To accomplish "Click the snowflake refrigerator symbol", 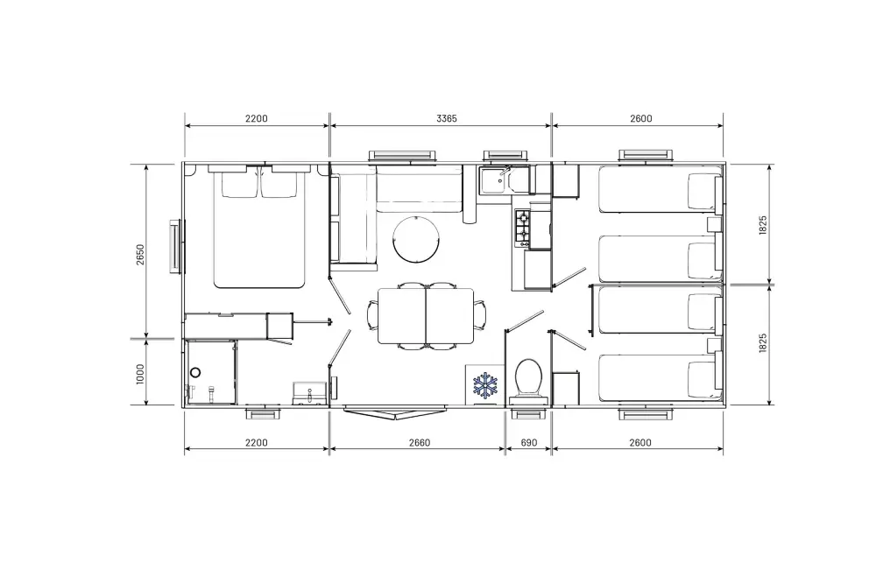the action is (485, 385).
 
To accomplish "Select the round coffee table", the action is (416, 238).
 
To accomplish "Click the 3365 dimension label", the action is (447, 118).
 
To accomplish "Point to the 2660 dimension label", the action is (420, 443).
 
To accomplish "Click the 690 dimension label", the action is (528, 443).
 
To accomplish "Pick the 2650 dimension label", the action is (140, 255).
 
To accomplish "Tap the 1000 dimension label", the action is (140, 374).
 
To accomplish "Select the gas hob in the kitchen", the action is (522, 228).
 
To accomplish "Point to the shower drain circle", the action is (195, 372).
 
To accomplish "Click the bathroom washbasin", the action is (309, 392).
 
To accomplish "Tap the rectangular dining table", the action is (426, 316).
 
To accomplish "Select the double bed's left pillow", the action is (240, 184).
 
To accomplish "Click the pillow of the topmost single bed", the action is (703, 193).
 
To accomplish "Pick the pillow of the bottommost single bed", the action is (703, 381).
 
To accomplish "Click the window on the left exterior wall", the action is (177, 246).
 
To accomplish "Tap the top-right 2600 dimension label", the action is (641, 118).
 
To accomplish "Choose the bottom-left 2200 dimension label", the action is (257, 443).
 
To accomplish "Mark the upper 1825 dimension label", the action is (763, 225).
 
